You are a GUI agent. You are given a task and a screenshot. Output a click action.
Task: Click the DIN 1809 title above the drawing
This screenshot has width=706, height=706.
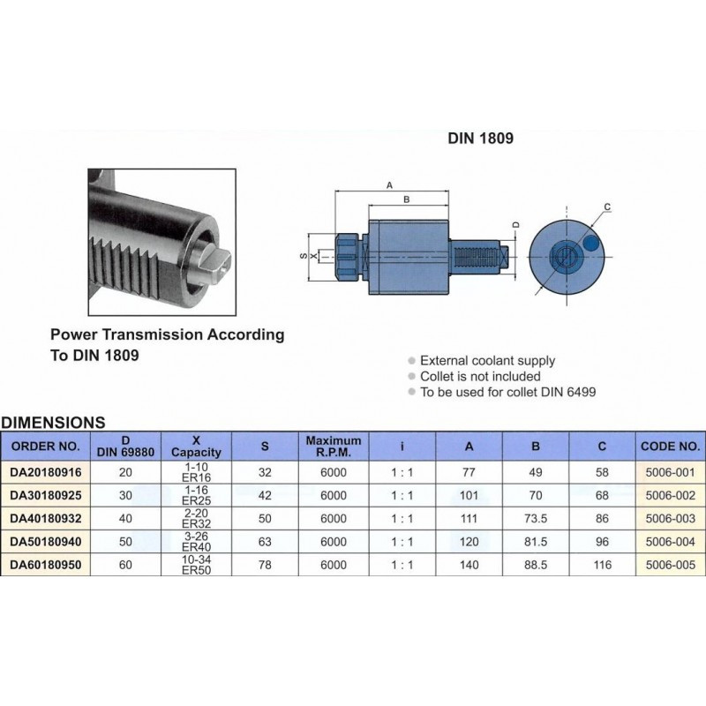coord(481,139)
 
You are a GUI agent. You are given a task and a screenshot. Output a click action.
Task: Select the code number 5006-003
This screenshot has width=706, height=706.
coord(672,519)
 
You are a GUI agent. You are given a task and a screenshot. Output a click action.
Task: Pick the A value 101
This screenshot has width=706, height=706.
coord(469,496)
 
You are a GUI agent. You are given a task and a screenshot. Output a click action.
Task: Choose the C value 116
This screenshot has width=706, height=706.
coord(603,566)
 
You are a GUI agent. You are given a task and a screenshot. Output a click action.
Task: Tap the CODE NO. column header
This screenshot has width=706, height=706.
coord(672,446)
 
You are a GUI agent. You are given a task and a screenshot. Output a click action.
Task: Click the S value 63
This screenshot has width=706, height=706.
coord(265,542)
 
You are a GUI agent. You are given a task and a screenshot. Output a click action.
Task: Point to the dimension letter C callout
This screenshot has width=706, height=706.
coord(607,208)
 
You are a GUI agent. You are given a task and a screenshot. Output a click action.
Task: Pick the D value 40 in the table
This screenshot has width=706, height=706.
coord(131,519)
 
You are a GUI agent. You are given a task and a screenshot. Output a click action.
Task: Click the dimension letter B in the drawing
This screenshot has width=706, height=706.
coord(406,200)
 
